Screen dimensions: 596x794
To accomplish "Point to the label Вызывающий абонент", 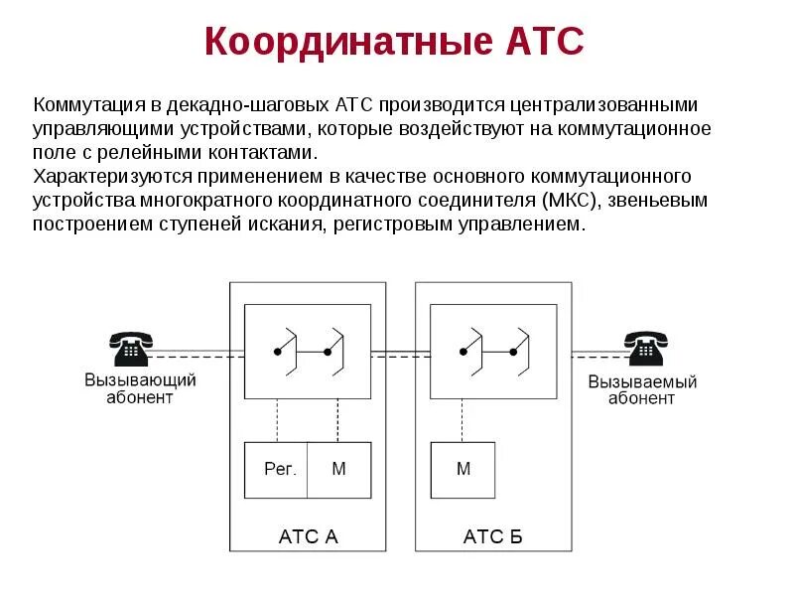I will point(140,388).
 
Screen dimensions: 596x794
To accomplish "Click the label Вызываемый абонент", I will point(642,390).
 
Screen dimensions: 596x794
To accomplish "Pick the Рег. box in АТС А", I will point(279,469).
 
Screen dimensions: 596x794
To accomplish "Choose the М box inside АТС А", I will point(338,469).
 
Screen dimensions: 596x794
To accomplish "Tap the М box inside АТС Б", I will point(463,469).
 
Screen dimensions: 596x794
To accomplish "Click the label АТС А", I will point(308,537).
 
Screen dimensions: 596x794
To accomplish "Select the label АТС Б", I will point(492,537).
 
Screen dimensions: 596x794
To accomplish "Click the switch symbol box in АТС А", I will point(308,352).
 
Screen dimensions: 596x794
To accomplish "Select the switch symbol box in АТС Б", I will point(492,352).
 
